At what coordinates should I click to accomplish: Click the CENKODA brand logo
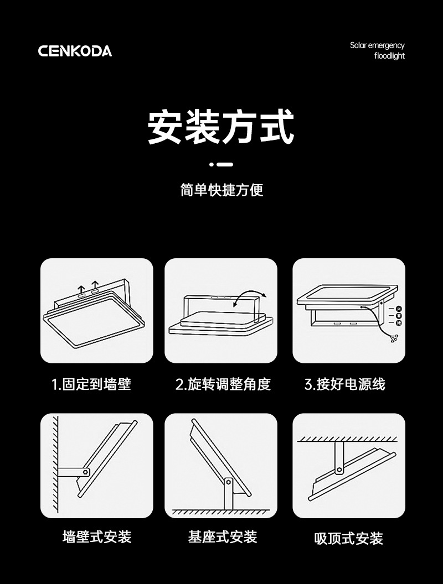[75, 51]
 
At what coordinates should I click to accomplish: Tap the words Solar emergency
[377, 45]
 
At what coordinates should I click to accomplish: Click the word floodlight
[389, 56]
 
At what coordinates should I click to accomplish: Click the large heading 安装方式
[221, 127]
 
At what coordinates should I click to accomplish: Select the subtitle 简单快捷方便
[221, 190]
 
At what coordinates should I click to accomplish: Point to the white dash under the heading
[224, 164]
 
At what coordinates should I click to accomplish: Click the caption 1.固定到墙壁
[91, 384]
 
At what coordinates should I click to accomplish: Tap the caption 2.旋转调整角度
[223, 384]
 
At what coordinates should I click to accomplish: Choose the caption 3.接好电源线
[345, 384]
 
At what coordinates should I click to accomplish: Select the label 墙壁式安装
[97, 536]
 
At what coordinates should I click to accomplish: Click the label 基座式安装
[223, 536]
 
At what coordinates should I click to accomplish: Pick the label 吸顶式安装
[348, 538]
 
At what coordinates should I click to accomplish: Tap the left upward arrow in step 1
[82, 289]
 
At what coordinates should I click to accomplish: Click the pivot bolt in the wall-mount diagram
[86, 472]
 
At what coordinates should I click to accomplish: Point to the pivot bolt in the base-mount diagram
[226, 483]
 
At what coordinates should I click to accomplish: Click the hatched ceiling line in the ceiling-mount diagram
[348, 439]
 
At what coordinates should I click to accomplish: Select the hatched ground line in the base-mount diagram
[221, 512]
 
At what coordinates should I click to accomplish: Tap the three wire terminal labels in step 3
[398, 315]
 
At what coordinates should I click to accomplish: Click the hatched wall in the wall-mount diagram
[56, 465]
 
